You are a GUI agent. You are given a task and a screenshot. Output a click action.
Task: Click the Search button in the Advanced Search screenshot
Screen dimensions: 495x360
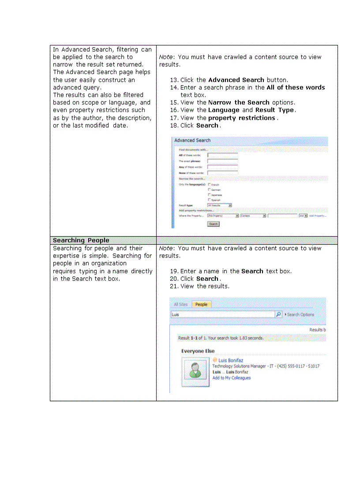[x=213, y=224]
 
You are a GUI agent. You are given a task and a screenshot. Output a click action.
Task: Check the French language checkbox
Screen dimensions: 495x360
[x=209, y=184]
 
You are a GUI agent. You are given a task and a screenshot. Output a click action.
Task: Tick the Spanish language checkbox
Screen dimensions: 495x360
[x=209, y=200]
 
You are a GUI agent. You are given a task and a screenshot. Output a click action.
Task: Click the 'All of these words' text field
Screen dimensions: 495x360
[x=222, y=155]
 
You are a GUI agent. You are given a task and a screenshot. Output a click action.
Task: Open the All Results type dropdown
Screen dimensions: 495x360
[x=219, y=205]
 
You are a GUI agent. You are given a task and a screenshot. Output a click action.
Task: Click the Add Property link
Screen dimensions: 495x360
[x=317, y=216]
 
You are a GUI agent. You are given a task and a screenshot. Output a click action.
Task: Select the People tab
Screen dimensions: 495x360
[x=201, y=304]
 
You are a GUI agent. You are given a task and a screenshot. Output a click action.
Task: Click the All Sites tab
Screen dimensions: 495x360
[x=180, y=304]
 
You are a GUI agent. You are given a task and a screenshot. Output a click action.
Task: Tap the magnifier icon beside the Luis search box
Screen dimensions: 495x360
[x=278, y=314]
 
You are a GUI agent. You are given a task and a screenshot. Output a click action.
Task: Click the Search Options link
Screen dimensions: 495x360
[x=300, y=314]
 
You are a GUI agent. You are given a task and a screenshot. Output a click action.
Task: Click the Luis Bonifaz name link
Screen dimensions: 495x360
[x=231, y=360]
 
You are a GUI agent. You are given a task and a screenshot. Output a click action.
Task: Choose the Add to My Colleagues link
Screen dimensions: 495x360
[x=231, y=378]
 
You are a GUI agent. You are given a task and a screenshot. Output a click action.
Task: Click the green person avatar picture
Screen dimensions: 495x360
[x=195, y=372]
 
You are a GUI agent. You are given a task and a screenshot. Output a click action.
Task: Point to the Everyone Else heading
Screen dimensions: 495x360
[x=198, y=351]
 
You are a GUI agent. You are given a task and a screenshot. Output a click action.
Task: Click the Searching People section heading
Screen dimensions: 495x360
[x=81, y=240]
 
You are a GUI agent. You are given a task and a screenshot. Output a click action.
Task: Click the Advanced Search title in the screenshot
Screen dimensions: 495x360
[x=192, y=140]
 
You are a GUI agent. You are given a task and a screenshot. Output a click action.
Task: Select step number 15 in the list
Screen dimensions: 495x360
[x=174, y=102]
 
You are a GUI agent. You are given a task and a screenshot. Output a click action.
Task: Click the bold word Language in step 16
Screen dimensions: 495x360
[x=224, y=110]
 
